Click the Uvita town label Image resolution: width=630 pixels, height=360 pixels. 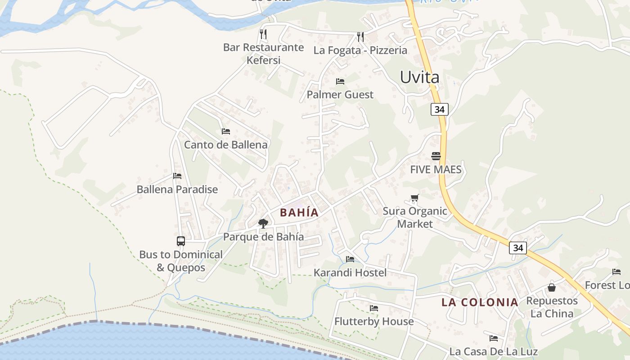419,77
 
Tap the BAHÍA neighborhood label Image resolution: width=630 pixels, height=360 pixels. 299,212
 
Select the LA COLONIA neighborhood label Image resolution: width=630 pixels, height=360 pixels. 480,302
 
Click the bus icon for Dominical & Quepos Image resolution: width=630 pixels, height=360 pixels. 181,241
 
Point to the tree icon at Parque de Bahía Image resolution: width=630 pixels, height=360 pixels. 263,223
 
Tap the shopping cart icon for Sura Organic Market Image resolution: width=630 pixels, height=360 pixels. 415,198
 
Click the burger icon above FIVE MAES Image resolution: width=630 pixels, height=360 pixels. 436,156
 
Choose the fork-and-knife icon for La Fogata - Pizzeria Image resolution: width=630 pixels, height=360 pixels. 360,36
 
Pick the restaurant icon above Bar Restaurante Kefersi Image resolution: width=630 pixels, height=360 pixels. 263,33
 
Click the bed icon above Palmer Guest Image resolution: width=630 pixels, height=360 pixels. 340,81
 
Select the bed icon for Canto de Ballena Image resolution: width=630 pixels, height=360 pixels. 226,131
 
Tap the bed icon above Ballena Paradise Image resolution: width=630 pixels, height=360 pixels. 177,176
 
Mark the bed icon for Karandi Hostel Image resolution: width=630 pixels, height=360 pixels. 350,259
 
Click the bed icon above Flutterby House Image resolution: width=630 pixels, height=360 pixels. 374,308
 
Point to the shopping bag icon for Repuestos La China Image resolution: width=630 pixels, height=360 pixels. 552,288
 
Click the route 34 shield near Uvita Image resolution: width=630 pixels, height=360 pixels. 439,109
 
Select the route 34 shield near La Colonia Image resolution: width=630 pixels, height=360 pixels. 518,247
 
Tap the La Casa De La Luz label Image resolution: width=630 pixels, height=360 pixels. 493,351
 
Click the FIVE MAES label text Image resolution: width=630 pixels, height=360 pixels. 436,170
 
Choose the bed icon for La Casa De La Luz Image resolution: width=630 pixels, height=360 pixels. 494,338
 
